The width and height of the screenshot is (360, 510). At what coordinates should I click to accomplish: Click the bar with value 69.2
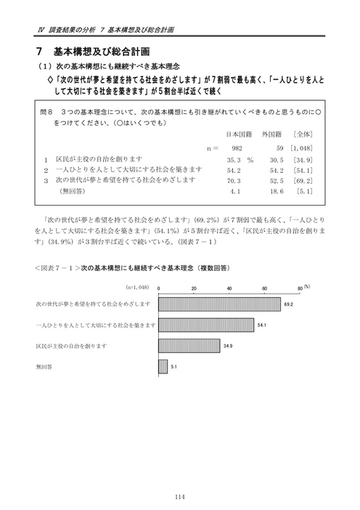219,304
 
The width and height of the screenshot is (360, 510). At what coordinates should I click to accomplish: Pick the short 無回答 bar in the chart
163,367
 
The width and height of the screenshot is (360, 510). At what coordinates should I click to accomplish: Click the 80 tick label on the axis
300,288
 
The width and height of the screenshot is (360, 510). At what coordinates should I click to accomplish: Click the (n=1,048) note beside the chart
139,288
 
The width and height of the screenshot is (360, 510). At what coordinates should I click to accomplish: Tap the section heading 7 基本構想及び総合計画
95,52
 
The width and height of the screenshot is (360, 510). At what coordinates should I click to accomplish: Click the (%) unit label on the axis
307,286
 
